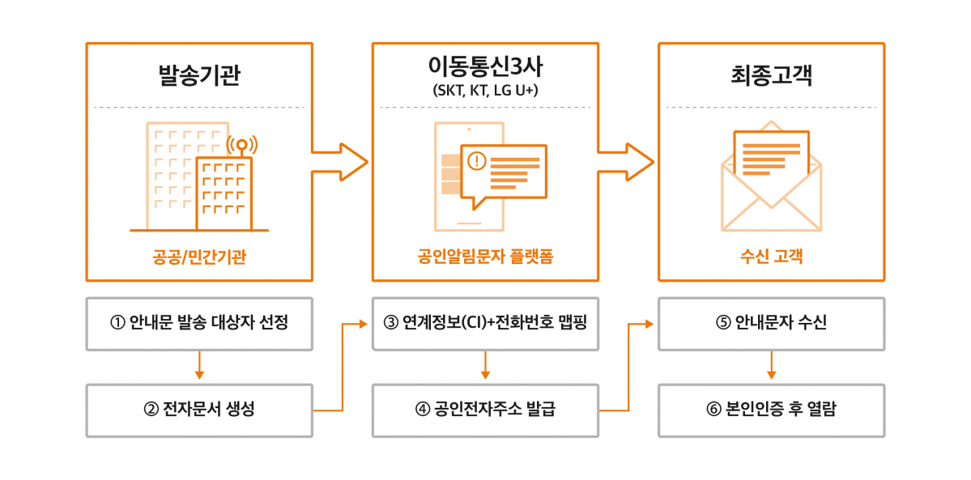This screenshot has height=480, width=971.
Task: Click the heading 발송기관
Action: point(199,76)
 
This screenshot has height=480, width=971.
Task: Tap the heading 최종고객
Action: point(771,76)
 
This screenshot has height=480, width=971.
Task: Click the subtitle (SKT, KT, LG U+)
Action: point(485,90)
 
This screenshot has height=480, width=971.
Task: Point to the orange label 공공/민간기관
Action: point(199,257)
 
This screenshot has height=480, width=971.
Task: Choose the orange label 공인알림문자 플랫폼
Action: point(485,257)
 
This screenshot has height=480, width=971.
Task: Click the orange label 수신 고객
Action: point(771,257)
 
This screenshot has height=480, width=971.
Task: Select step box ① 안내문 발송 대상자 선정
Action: point(199,323)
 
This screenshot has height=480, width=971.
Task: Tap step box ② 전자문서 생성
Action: point(199,410)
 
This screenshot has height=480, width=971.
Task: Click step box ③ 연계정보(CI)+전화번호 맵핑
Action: point(485,323)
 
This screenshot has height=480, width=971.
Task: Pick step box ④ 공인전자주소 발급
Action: point(485,410)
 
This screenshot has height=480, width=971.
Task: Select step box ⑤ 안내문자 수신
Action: point(771,323)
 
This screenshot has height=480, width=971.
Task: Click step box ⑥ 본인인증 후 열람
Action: point(771,410)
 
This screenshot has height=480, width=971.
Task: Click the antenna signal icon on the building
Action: point(241,146)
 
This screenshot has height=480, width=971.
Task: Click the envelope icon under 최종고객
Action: point(771,182)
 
